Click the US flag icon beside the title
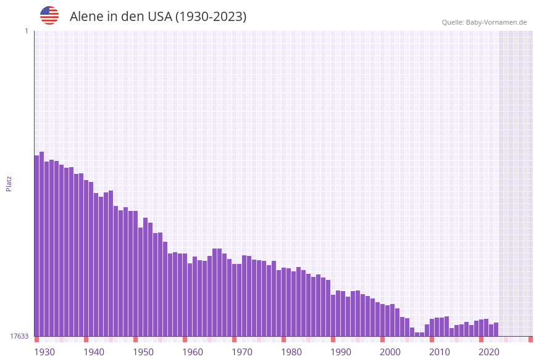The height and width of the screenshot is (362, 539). tap(49, 15)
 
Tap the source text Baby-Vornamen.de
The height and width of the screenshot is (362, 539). tap(498, 22)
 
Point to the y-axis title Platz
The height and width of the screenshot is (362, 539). tap(9, 183)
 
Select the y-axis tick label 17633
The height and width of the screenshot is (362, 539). tap(19, 336)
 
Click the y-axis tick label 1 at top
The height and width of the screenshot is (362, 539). tap(26, 31)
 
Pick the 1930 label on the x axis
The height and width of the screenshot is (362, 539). tap(44, 352)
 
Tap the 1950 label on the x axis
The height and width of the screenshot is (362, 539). tap(143, 352)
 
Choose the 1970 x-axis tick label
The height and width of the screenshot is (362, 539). tap(242, 352)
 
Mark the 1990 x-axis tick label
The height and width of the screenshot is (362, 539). tap(341, 352)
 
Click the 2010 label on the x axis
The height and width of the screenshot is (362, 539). tap(440, 352)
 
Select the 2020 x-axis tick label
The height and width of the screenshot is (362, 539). tap(489, 352)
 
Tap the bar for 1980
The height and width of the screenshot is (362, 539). tap(284, 302)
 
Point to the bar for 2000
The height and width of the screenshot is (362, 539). tap(383, 320)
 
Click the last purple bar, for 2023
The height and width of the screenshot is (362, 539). tap(496, 329)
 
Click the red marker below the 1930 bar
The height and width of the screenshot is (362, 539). tap(37, 339)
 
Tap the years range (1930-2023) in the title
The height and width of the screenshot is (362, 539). tap(211, 17)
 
